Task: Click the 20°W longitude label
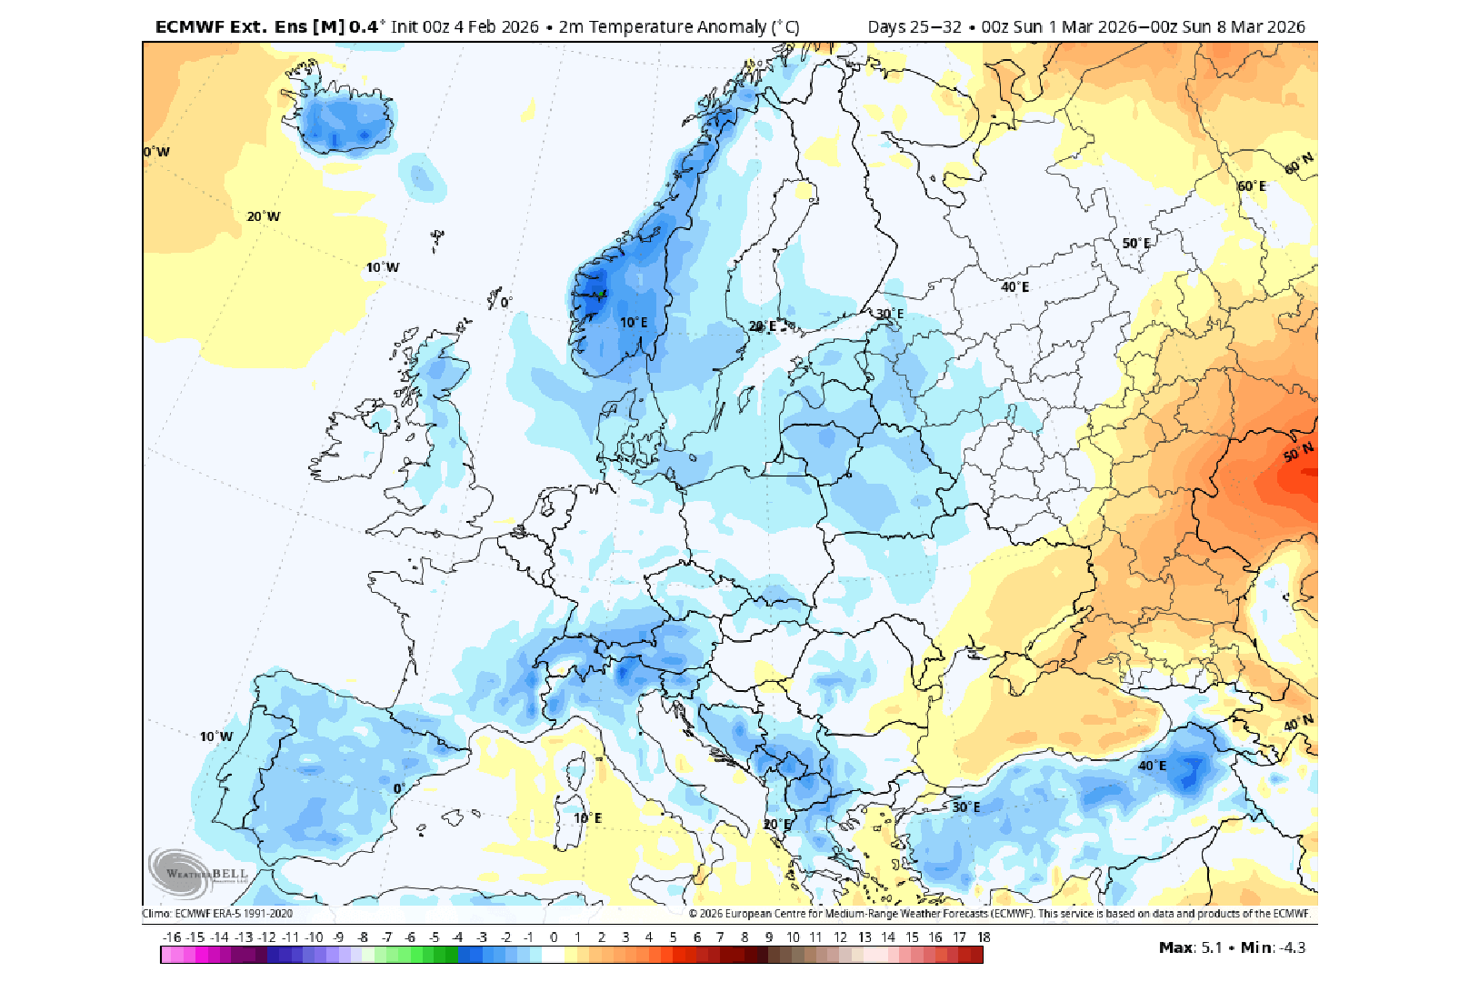coord(264,216)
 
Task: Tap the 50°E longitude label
coord(1135,244)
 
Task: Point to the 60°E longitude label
coord(1252,186)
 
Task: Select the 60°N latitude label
coord(1299,164)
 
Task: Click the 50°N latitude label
coord(1298,452)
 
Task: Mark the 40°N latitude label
coord(1298,723)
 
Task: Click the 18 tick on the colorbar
coord(984,937)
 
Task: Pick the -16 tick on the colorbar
coord(172,937)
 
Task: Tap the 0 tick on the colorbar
coord(554,937)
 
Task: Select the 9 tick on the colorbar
coord(769,937)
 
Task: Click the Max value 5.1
coord(1212,947)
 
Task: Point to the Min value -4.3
coord(1291,947)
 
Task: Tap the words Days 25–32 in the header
coord(914,26)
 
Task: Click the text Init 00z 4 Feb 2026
coord(465,26)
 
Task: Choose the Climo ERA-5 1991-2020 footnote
coord(217,914)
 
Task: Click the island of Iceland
coord(345,118)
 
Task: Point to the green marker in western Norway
coord(601,294)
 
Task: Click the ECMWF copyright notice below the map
coord(999,914)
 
